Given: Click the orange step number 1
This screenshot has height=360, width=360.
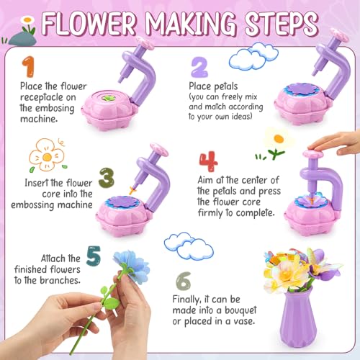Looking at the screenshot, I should (27, 67).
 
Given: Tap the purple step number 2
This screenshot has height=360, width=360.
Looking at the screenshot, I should (199, 68).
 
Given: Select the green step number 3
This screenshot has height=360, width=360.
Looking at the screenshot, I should (107, 177).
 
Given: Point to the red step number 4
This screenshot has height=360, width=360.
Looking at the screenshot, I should (207, 161).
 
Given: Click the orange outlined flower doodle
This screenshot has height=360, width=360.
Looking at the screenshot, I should (45, 154).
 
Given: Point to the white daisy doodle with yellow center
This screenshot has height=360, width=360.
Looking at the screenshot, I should (277, 139).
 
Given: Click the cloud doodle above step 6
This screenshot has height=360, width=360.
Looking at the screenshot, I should (189, 246).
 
